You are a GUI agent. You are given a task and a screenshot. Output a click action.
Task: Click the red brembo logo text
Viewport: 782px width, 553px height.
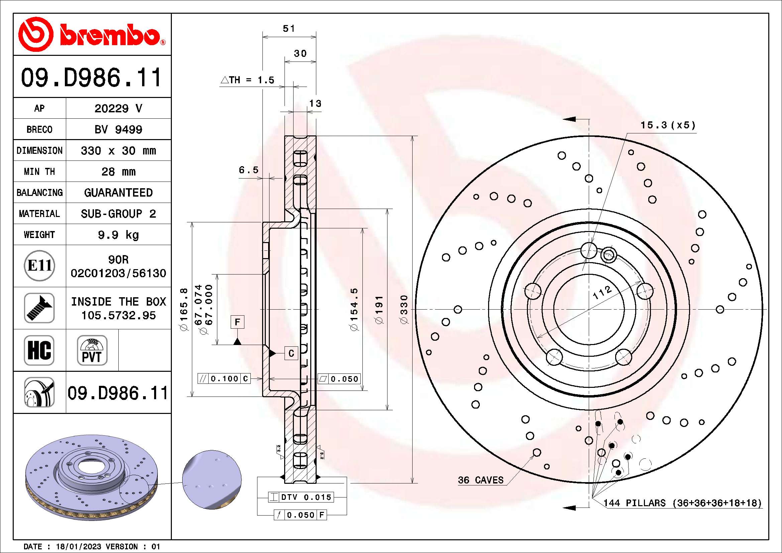[x=110, y=35]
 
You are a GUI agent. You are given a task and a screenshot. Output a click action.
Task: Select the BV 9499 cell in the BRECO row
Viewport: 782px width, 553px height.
[x=118, y=129]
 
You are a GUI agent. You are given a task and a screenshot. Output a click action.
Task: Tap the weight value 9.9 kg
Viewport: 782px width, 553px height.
[x=118, y=235]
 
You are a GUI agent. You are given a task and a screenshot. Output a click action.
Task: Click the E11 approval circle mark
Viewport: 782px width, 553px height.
[x=39, y=265]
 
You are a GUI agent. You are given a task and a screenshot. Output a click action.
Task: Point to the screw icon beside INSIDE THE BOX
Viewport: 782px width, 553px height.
[x=39, y=308]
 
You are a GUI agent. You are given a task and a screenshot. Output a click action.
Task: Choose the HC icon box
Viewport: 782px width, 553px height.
[x=39, y=350]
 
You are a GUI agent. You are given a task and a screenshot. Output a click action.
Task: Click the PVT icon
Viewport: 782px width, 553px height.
[x=92, y=350]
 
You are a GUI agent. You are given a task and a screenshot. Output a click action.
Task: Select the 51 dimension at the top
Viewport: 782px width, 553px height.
[x=289, y=29]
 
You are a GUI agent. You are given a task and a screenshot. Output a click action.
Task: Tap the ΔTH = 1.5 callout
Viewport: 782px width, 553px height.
[x=248, y=80]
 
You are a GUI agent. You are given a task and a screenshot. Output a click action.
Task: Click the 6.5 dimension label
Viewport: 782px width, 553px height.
[x=249, y=170]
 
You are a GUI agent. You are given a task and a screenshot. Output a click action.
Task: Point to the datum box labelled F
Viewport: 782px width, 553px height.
[x=237, y=322]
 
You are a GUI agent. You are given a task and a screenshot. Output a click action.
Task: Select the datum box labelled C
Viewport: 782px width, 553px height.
[x=291, y=353]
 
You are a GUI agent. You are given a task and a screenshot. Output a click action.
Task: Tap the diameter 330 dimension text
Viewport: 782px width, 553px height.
[x=404, y=309]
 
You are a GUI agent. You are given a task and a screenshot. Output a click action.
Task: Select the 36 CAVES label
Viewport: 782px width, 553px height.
[x=480, y=480]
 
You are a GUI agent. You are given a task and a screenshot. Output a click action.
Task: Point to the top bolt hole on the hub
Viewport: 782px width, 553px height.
[x=589, y=251]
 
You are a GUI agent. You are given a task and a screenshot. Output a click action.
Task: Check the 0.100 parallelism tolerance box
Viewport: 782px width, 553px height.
[x=224, y=379]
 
